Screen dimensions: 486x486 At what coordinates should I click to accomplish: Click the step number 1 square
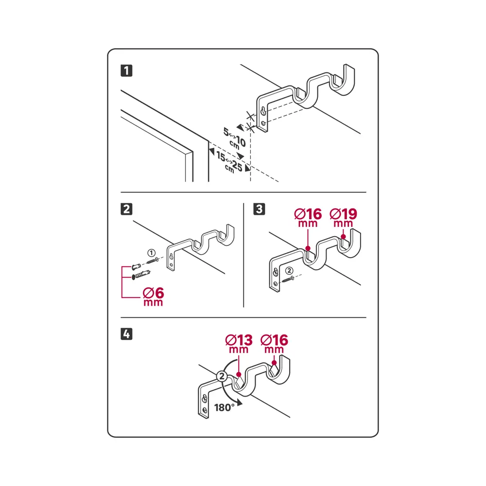(126, 70)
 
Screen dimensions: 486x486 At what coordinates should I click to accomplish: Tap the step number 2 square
(126, 209)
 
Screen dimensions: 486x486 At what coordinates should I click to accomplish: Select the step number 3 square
(259, 209)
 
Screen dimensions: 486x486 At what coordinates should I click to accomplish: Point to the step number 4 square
(126, 334)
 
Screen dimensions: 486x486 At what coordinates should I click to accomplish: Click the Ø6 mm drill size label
(154, 297)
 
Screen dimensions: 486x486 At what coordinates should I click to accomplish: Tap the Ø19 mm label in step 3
(344, 218)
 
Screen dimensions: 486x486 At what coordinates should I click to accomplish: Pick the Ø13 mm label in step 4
(239, 344)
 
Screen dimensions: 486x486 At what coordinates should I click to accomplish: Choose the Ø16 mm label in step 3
(308, 218)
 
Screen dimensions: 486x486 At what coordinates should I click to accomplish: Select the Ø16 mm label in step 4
(274, 344)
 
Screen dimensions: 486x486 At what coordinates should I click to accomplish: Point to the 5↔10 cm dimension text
(235, 138)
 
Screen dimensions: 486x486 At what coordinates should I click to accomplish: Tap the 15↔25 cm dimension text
(229, 162)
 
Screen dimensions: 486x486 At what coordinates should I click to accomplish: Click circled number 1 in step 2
(151, 253)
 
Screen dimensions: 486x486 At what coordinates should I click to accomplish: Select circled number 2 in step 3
(289, 271)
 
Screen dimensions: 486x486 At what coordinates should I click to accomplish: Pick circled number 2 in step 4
(222, 377)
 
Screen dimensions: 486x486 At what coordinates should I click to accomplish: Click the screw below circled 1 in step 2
(152, 260)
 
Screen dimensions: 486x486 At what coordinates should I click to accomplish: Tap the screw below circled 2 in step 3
(288, 279)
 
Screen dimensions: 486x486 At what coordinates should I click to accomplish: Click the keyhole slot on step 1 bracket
(263, 111)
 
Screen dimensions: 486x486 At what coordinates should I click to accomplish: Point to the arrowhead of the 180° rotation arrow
(239, 403)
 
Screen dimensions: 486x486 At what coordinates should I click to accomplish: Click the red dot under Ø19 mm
(344, 237)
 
